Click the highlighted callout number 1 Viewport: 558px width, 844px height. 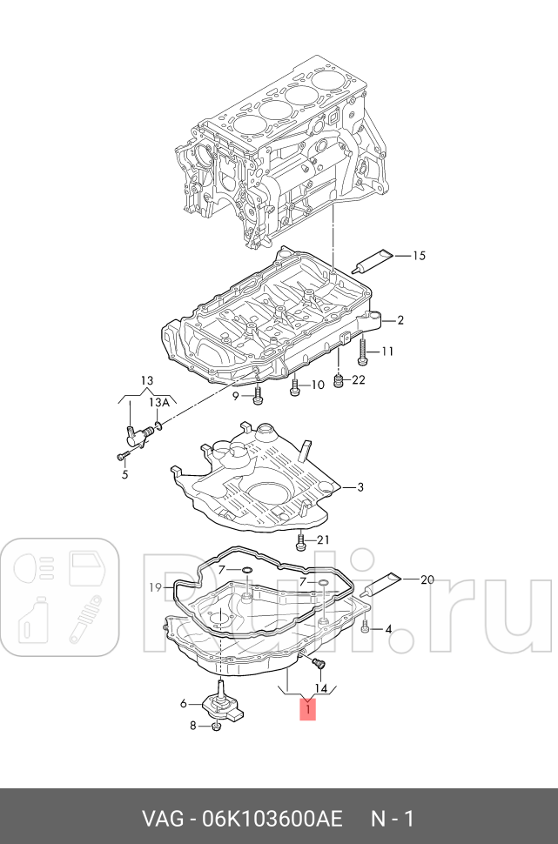click(x=307, y=711)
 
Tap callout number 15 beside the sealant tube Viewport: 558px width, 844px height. click(x=419, y=256)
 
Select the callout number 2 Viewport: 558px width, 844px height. click(x=400, y=320)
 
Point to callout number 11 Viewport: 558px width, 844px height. click(x=387, y=352)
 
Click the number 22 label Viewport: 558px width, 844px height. click(x=359, y=379)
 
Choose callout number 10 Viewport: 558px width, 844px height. click(x=317, y=385)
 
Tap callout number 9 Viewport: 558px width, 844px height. click(x=234, y=397)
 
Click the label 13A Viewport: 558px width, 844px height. click(x=158, y=402)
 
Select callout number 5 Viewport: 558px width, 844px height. click(x=124, y=474)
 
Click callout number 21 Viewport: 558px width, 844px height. click(x=323, y=540)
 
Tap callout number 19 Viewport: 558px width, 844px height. click(x=155, y=588)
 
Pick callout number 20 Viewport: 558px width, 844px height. click(x=426, y=579)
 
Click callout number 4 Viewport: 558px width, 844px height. click(x=388, y=628)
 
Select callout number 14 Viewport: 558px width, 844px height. click(x=320, y=688)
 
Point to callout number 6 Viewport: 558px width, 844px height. click(x=184, y=704)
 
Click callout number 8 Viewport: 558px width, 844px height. click(x=193, y=725)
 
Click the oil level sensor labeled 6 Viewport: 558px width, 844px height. click(x=225, y=703)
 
